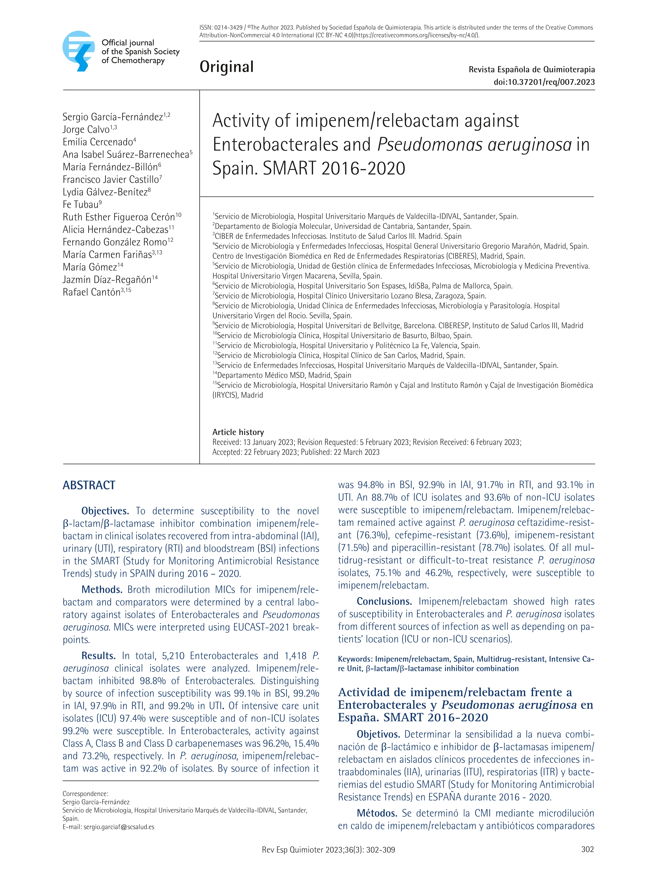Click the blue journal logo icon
coord(79,51)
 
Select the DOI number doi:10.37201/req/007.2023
coord(544,82)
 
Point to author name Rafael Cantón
coord(91,292)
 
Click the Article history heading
coord(238,432)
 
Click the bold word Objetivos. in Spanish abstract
coord(378,734)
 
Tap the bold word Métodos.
coord(377,813)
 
